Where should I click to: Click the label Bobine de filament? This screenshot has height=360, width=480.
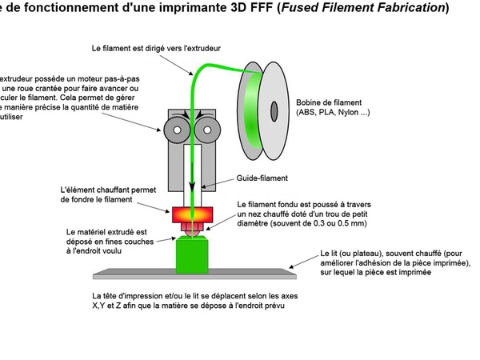[328, 102]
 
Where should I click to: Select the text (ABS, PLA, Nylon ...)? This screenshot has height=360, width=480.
[333, 113]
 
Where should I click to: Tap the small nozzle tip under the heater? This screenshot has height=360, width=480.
[191, 233]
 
